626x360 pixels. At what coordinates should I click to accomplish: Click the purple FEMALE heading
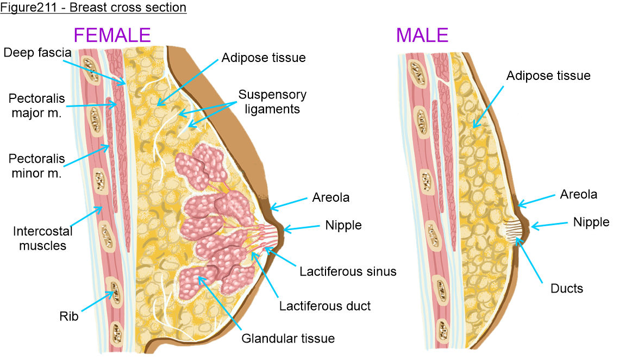coord(112,35)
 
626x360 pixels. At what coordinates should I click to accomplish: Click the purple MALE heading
coord(422,35)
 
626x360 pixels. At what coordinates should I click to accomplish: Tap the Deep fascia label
coord(37,52)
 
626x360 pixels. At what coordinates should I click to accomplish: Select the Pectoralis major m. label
coord(36,106)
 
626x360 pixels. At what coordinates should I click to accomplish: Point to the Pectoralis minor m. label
coord(36,166)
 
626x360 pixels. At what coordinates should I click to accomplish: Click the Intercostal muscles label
coord(42,238)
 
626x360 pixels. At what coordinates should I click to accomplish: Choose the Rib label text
coord(69,316)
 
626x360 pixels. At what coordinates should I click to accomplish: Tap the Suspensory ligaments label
coord(272,101)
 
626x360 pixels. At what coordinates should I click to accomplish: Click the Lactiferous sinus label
coord(348,271)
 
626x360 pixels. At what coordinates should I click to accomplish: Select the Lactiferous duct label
coord(325,306)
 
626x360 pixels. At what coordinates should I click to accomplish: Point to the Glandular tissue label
coord(288,338)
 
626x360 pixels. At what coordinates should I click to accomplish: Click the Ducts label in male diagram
coord(566,288)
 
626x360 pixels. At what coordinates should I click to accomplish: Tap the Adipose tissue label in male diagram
coord(548,75)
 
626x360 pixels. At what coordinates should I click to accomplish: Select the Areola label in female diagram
coord(330,197)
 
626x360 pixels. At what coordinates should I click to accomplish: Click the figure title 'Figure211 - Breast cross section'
coord(93,8)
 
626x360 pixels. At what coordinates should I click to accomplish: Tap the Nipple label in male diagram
coord(591,222)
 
